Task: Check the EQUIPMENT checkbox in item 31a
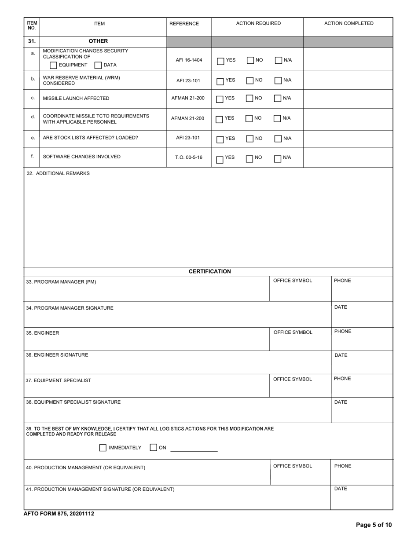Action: [53, 66]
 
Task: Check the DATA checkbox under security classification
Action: [99, 66]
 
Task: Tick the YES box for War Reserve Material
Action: [220, 81]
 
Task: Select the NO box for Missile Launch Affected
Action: [250, 99]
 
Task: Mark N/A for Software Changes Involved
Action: [278, 159]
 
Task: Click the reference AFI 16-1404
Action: [189, 60]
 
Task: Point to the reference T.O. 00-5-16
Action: [189, 157]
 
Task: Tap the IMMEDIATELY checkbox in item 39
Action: [103, 448]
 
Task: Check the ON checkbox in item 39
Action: [153, 448]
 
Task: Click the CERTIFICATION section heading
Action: [209, 271]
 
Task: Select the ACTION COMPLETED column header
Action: [348, 24]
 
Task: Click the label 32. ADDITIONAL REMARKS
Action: [58, 173]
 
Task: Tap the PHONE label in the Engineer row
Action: [343, 332]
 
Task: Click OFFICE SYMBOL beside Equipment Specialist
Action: [293, 379]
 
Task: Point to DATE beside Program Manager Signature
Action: [341, 307]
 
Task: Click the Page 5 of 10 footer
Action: [374, 525]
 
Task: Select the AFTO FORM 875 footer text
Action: [59, 513]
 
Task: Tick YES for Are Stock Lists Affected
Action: [220, 139]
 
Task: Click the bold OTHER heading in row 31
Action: [98, 41]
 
